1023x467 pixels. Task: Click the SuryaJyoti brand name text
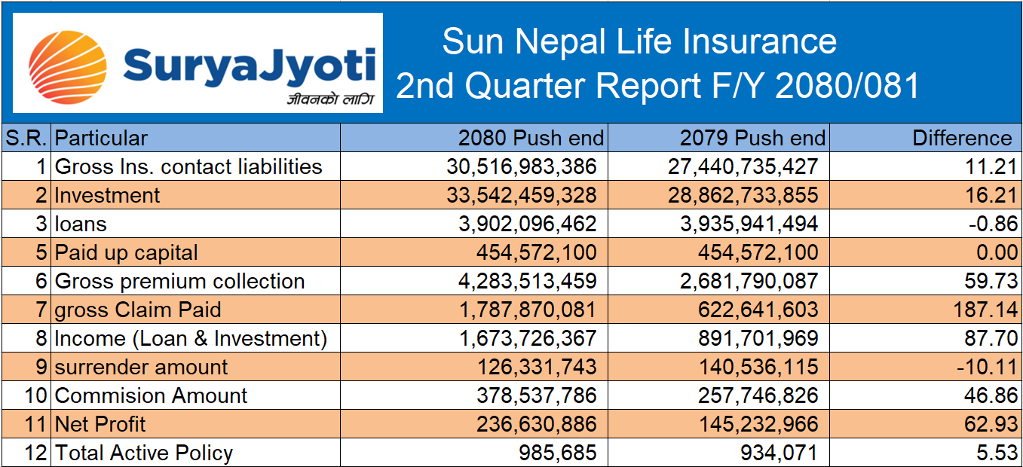click(x=249, y=65)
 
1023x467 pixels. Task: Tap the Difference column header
click(x=962, y=138)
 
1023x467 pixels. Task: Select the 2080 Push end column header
click(x=531, y=138)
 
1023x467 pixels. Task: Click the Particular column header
click(x=102, y=138)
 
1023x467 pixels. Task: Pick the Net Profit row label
click(x=101, y=424)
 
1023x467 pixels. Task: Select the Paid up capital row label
click(x=127, y=252)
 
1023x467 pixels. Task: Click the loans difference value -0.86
click(x=994, y=224)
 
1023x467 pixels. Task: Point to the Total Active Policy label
click(x=144, y=453)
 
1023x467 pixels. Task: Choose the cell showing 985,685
click(x=556, y=453)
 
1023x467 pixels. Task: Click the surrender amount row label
click(x=142, y=367)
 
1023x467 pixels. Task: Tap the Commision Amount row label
click(x=152, y=395)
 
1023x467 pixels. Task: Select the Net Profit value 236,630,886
click(x=536, y=424)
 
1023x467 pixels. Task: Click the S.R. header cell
click(x=26, y=138)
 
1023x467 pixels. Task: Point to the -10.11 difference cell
click(x=990, y=367)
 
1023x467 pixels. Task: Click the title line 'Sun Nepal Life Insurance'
click(x=639, y=41)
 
